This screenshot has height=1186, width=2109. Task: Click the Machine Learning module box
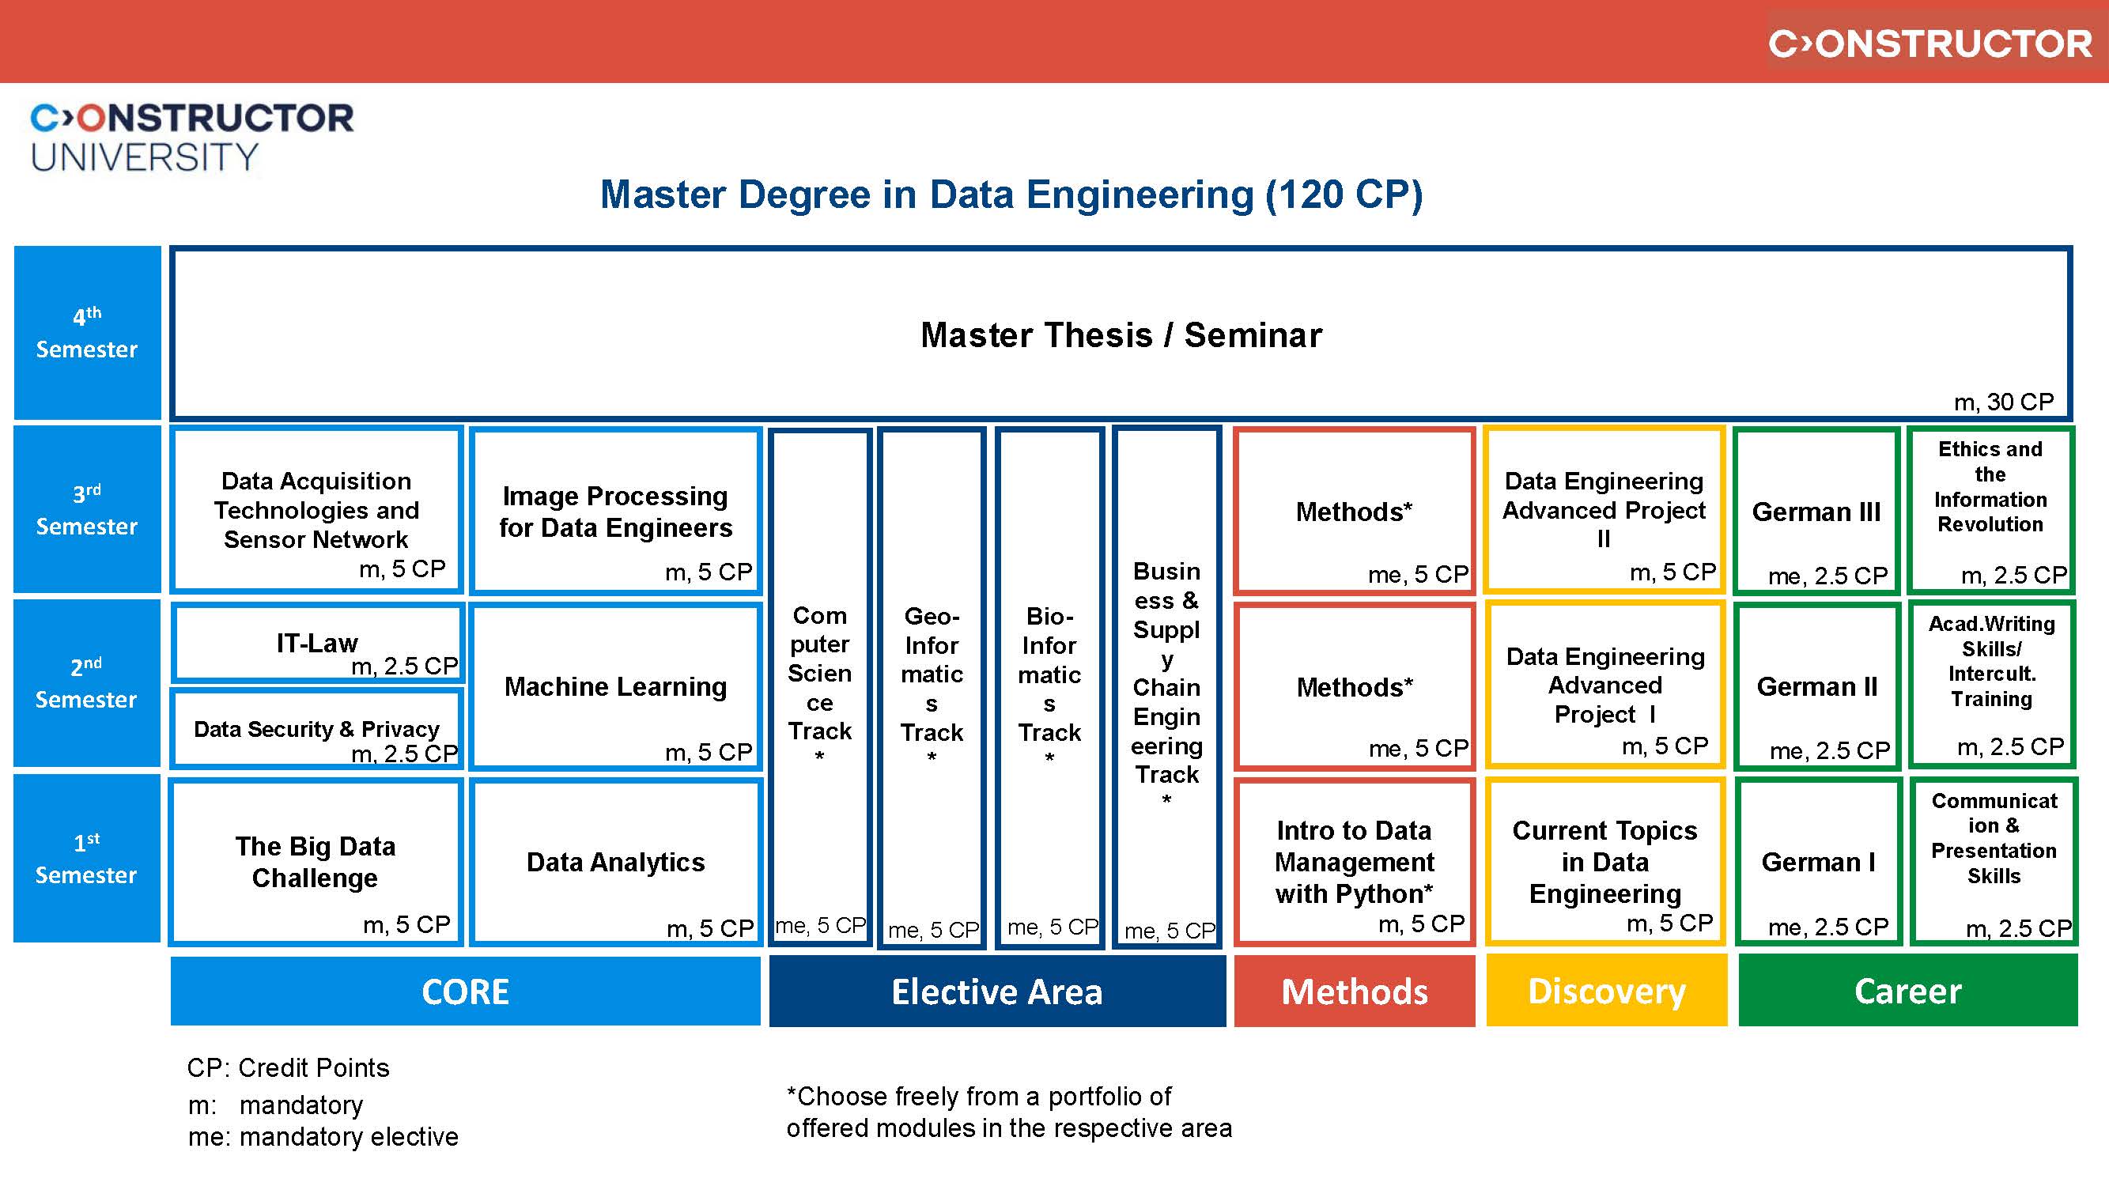click(x=616, y=686)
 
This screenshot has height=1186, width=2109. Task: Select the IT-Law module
click(x=318, y=644)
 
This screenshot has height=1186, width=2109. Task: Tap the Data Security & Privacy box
click(x=318, y=728)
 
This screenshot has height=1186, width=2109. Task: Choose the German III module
click(x=1816, y=512)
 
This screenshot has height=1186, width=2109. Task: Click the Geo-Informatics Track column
click(x=932, y=686)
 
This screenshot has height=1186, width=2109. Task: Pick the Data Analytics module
click(x=616, y=862)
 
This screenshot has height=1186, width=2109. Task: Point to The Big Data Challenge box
click(x=316, y=862)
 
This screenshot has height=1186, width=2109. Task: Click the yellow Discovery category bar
click(x=1606, y=991)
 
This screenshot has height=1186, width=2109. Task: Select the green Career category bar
click(x=1907, y=991)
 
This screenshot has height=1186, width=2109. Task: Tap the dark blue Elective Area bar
click(x=997, y=991)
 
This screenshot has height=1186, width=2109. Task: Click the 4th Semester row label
click(x=87, y=333)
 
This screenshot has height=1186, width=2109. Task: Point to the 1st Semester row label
click(x=87, y=859)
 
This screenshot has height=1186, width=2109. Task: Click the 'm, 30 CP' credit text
click(x=2003, y=402)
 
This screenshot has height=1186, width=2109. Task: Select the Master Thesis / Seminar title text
click(x=1121, y=335)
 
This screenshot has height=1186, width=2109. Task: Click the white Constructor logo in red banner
click(x=1929, y=43)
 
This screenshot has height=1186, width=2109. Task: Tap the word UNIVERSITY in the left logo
click(x=145, y=157)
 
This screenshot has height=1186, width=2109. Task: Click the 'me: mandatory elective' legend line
click(x=323, y=1137)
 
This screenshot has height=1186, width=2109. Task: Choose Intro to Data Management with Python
click(x=1354, y=862)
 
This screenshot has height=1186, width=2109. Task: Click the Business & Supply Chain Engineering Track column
click(x=1166, y=686)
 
